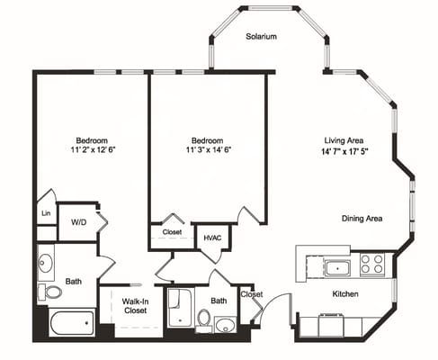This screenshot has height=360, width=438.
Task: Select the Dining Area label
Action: [x=362, y=219]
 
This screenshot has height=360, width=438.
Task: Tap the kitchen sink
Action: [x=339, y=266]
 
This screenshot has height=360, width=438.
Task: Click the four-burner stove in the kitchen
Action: [x=371, y=264]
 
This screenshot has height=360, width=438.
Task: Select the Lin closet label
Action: [x=46, y=214]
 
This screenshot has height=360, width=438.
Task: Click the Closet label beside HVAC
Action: [x=172, y=232]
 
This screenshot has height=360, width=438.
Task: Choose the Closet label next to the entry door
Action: [x=251, y=294]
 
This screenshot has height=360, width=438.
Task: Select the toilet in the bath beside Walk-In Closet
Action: [x=204, y=319]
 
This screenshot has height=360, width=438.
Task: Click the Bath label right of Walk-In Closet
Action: [x=219, y=301]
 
